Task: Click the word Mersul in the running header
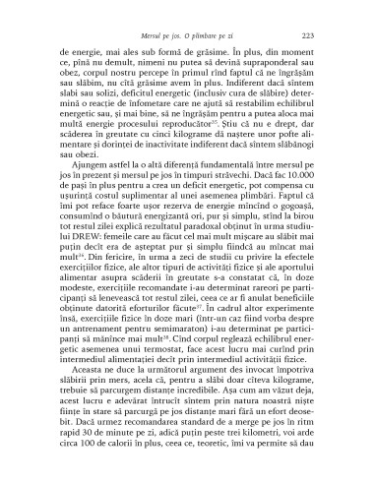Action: [x=156, y=34]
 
